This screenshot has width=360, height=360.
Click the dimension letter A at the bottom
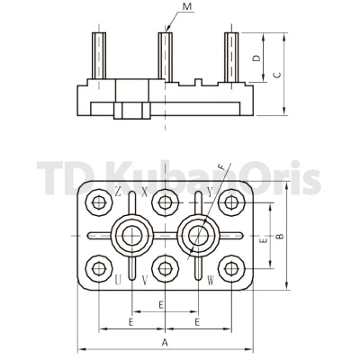(x=165, y=343)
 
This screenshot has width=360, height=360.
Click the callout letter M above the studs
(x=185, y=8)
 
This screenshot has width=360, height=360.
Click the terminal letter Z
(x=118, y=192)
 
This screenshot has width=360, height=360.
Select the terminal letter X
(x=145, y=192)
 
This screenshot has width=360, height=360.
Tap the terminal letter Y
(x=210, y=192)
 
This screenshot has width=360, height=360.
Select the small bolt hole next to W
(x=232, y=267)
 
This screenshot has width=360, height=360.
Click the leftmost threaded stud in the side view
(x=95, y=57)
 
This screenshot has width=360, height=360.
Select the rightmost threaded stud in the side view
(x=233, y=57)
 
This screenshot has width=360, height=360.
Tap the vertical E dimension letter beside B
(x=262, y=241)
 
